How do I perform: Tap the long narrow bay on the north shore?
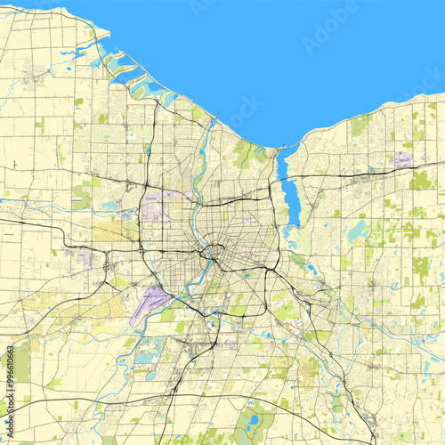(x=286, y=191)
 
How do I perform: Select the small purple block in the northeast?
(x=403, y=160)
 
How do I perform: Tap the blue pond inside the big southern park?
(x=254, y=418)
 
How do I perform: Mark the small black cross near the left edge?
(x=15, y=164)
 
